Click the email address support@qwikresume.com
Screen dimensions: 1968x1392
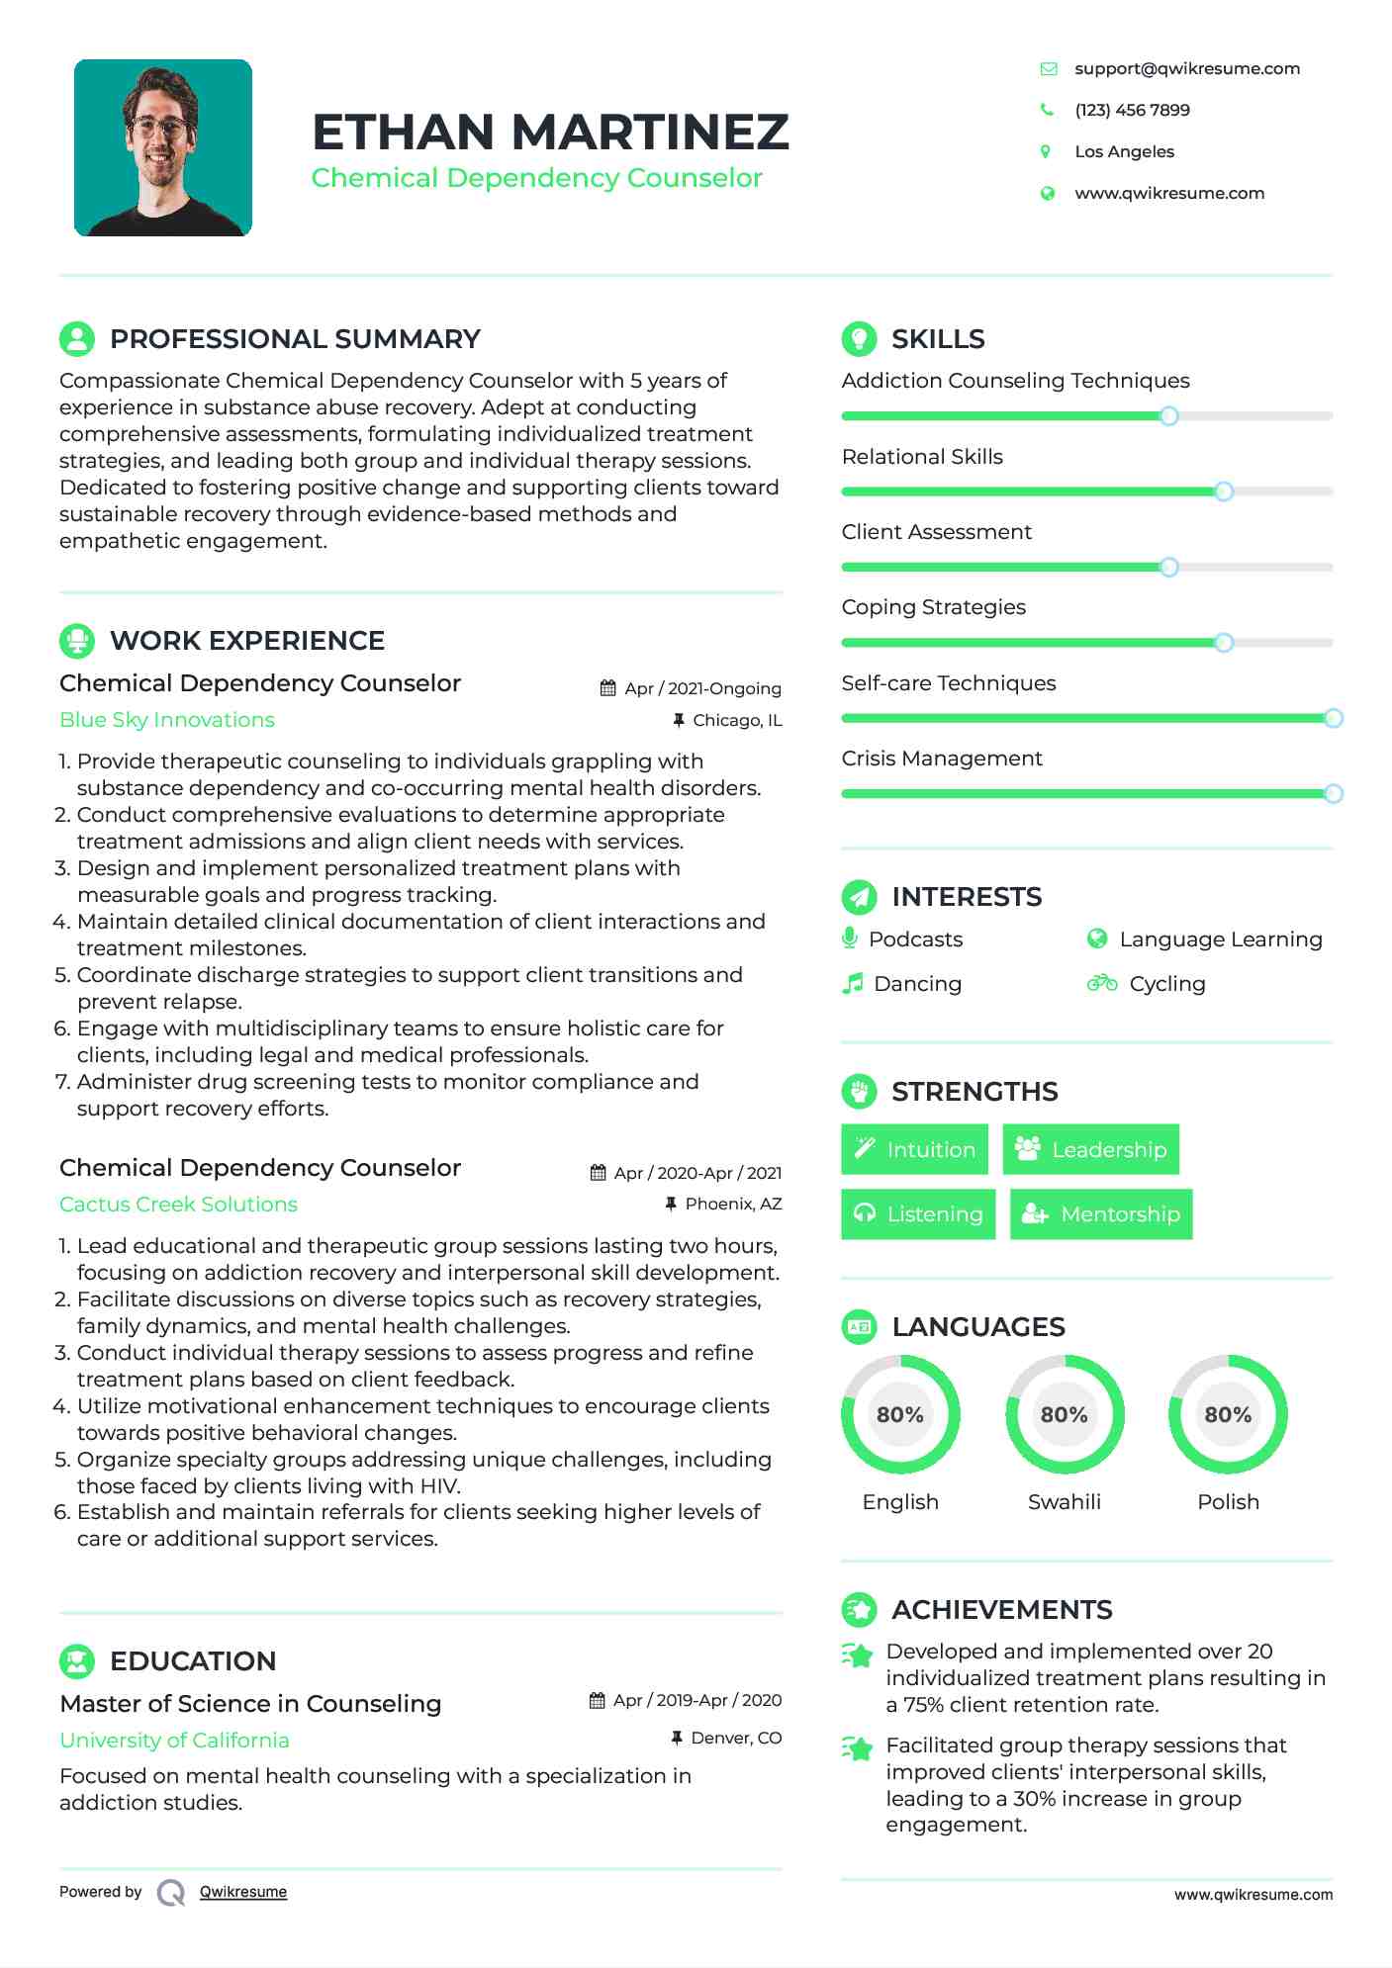(1186, 68)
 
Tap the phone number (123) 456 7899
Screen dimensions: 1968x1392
(1132, 110)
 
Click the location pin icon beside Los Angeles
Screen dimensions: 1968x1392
(1046, 151)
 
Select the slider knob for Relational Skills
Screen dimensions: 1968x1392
(1224, 492)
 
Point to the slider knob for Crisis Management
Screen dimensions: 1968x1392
(1333, 793)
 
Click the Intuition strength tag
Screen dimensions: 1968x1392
(914, 1149)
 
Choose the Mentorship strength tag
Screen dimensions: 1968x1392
(1101, 1213)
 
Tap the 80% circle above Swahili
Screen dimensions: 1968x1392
(1064, 1414)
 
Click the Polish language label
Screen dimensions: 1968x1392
(1228, 1501)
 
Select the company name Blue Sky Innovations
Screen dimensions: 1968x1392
(167, 720)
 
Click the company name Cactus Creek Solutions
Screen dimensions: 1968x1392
(178, 1204)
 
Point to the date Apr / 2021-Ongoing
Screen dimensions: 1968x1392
(702, 688)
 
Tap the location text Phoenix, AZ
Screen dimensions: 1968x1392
(733, 1204)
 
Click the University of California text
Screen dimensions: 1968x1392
(174, 1740)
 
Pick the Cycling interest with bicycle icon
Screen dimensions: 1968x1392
(1148, 983)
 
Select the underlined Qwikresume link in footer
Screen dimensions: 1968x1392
(243, 1891)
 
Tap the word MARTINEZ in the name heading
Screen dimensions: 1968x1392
(650, 132)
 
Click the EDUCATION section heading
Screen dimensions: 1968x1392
(193, 1660)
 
